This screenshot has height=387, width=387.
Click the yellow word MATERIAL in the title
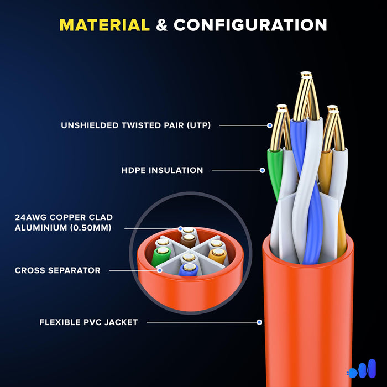[x=104, y=25]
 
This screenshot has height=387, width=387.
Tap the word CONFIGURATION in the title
[x=250, y=25]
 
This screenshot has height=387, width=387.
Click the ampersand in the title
[x=162, y=25]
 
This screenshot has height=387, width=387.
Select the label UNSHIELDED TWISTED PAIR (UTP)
[x=136, y=125]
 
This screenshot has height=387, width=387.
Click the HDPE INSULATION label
[x=163, y=170]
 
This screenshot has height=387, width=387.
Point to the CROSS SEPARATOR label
[x=57, y=270]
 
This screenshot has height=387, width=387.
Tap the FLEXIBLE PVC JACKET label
[x=88, y=322]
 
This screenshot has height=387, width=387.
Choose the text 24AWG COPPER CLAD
[x=64, y=218]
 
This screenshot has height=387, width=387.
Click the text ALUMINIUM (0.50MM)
[x=64, y=228]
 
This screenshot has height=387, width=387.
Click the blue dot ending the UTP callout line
[x=270, y=125]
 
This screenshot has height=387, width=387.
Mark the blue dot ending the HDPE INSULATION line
[x=263, y=170]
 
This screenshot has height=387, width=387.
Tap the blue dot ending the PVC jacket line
[x=259, y=322]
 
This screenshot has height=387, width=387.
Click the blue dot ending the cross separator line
[x=160, y=270]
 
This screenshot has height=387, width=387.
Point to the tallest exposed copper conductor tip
[x=304, y=83]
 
